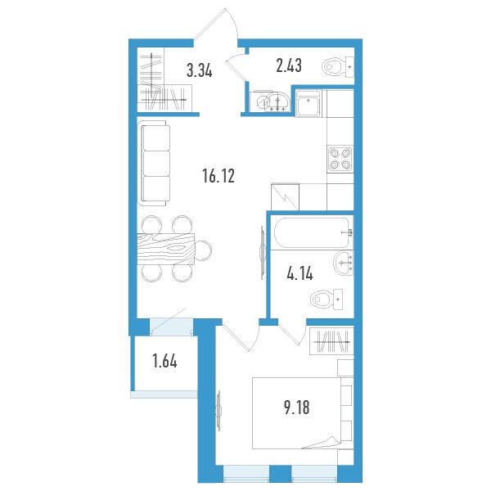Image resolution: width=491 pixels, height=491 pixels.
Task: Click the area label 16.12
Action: point(218,176)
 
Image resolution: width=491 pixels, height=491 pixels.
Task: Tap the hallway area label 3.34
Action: point(200,70)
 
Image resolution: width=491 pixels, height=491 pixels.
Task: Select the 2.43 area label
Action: point(289,65)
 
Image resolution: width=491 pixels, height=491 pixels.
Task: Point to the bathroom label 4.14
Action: point(300,273)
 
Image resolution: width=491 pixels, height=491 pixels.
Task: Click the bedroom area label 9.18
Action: point(296,408)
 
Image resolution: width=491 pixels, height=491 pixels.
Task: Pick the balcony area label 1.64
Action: point(164,361)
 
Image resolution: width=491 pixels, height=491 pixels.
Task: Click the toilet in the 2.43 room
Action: point(337,67)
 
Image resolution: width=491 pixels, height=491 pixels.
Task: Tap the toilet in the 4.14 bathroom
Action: point(327,299)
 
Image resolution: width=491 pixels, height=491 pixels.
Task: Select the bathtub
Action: point(313,232)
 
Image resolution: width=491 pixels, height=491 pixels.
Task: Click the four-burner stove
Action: point(340,159)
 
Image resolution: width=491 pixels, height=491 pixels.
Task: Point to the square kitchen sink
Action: point(309,104)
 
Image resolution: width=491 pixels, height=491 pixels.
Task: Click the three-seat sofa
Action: point(154,163)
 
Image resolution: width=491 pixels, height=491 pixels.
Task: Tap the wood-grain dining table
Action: point(166,250)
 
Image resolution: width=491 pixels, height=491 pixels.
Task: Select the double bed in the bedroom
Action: point(303,413)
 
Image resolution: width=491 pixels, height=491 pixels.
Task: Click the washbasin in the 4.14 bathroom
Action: point(344,263)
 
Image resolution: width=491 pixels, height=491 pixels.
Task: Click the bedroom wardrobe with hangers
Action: point(331,341)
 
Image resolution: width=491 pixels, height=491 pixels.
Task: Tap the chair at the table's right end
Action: point(203,250)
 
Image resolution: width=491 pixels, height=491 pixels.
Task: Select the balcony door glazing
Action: point(171,327)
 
